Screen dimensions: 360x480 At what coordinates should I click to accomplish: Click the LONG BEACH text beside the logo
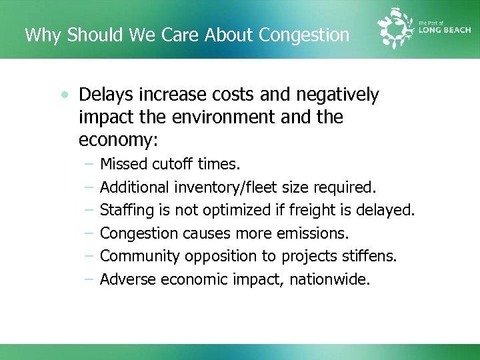tap(445, 30)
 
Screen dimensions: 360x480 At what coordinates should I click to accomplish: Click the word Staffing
tap(127, 211)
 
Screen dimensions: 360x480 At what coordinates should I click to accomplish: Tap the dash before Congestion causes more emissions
tap(89, 234)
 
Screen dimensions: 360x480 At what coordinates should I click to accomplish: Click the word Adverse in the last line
tap(128, 279)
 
